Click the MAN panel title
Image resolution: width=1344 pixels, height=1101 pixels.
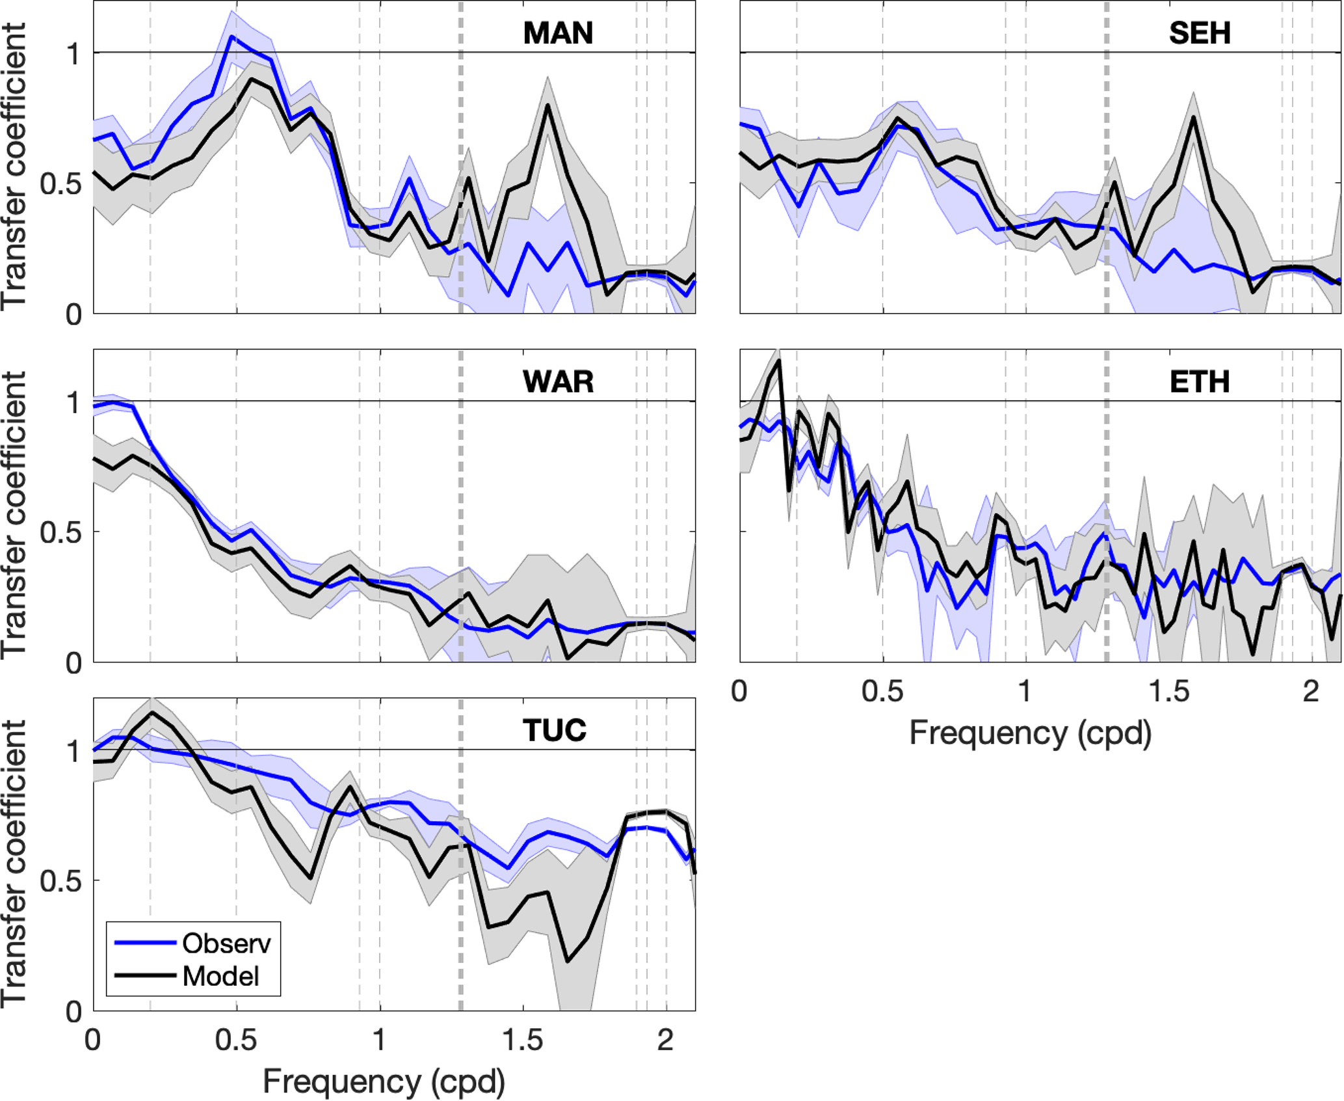click(558, 33)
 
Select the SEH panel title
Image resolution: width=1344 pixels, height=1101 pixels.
click(1200, 33)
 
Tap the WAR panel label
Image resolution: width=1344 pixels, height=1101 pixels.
click(558, 382)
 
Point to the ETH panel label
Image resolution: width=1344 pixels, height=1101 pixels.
click(1200, 382)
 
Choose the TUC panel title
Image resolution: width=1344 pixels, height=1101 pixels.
click(555, 731)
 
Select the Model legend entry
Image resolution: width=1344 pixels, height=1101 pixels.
click(220, 976)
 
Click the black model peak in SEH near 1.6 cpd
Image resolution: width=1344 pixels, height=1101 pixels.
click(1194, 117)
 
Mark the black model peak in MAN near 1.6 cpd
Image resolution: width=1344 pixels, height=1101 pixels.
click(548, 105)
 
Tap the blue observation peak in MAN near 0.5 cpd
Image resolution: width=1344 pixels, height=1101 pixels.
click(231, 37)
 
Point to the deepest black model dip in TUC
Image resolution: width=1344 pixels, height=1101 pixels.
click(568, 961)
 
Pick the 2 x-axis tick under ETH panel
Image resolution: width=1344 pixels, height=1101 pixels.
click(1311, 692)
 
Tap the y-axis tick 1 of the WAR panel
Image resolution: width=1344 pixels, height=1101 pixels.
click(73, 403)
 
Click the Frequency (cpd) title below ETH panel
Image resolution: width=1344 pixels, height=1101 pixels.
click(1030, 733)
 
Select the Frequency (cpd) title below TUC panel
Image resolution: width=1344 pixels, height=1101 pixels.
click(384, 1082)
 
